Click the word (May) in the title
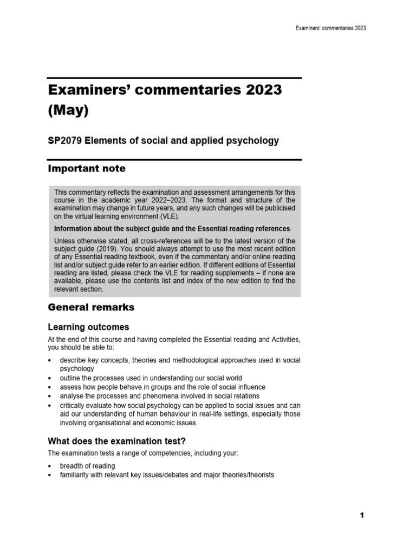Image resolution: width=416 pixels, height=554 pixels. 67,110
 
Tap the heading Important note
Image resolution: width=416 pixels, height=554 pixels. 87,169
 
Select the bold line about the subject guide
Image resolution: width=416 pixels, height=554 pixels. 172,228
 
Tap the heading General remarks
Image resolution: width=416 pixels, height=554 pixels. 91,307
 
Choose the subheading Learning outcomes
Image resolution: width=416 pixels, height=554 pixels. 89,327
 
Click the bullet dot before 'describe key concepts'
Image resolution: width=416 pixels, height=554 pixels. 50,360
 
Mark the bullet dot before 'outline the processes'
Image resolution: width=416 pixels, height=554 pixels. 50,378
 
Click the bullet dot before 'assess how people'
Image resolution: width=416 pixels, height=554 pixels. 50,387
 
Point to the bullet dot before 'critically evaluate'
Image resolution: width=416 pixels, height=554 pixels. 50,405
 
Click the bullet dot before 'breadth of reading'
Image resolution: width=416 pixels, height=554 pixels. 50,466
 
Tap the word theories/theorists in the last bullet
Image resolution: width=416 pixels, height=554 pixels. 247,475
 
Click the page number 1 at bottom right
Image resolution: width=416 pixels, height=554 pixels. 362,516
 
